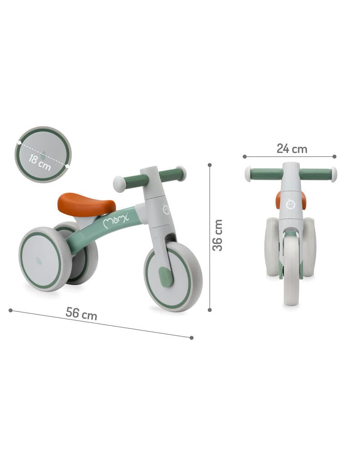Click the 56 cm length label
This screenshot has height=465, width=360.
tap(81, 313)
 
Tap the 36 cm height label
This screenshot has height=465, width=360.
tap(218, 235)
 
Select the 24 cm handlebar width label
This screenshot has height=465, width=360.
tap(292, 148)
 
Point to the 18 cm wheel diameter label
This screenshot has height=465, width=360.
tap(40, 161)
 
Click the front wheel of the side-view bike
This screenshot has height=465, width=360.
tap(173, 277)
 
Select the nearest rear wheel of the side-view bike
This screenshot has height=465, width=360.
tap(45, 259)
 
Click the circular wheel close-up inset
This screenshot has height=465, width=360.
tap(43, 154)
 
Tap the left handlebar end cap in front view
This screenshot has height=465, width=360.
tap(248, 174)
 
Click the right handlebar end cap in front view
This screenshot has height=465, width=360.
tap(334, 174)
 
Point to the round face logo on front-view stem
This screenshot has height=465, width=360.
tap(290, 203)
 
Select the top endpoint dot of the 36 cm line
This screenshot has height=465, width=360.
tap(210, 165)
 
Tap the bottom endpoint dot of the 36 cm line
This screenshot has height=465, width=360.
tap(210, 310)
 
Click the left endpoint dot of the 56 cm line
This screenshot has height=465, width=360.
tap(10, 310)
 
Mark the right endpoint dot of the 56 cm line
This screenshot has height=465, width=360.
tap(191, 337)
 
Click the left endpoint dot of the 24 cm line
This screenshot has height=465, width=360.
tap(245, 156)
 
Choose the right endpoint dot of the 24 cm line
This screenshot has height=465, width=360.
tap(335, 156)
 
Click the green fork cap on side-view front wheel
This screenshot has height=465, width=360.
tap(166, 277)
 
